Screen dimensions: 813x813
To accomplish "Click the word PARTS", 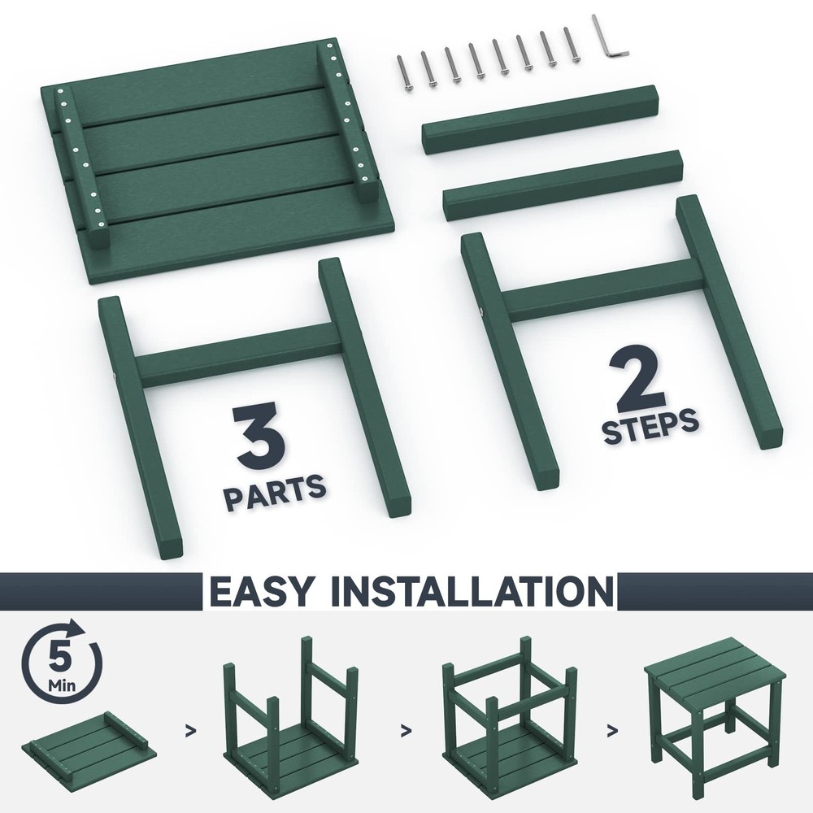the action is coord(275,492).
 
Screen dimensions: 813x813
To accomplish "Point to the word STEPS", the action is coord(650,426).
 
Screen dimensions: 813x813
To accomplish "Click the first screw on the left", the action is coord(404,74).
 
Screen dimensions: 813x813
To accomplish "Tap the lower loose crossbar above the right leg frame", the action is coord(563,185).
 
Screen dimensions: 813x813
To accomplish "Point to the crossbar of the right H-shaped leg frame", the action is coord(602,290).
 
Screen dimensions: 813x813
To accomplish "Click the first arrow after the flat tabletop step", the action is coord(191,731).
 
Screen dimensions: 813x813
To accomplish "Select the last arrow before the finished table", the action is coord(613,731).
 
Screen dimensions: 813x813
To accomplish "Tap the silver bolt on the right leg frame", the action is coord(480,312).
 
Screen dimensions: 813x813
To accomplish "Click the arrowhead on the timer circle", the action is coord(79,628).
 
